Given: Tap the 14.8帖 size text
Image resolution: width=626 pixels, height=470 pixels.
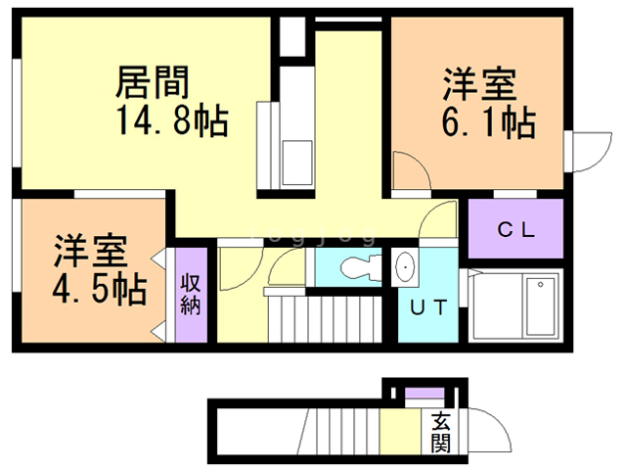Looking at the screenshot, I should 172,122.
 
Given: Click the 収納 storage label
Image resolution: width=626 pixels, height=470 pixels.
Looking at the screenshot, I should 191,294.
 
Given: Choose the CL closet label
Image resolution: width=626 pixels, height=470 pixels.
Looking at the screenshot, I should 514,231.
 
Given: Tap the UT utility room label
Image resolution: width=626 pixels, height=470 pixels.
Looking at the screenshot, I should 427,307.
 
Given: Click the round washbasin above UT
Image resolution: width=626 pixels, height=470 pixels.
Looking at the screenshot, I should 405,267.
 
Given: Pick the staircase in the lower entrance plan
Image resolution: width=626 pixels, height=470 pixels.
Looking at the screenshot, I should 337,432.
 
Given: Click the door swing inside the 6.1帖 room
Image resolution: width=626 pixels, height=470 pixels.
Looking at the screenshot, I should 412,173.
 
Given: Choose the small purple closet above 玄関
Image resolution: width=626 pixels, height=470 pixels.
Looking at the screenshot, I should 423,396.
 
